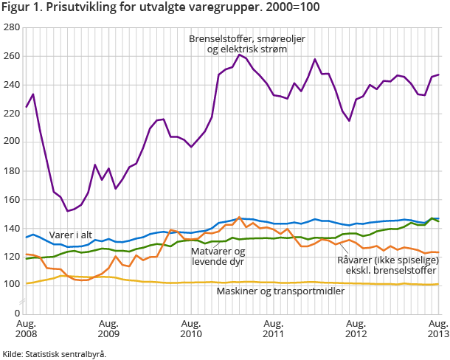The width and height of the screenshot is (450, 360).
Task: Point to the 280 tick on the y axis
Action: [x=11, y=27]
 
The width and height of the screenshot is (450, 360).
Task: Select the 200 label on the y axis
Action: [x=11, y=142]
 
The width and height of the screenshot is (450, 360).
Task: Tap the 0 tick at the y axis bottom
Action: [x=16, y=313]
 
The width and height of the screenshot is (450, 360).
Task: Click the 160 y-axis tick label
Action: [x=11, y=199]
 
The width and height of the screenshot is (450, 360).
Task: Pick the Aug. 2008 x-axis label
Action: [x=27, y=329]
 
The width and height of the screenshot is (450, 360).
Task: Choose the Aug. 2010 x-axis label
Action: [x=191, y=329]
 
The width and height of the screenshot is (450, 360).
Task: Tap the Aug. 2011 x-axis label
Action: [x=274, y=329]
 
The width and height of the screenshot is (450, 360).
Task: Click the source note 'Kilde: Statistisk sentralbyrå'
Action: [x=54, y=354]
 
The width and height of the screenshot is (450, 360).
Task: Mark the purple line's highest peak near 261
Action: [x=240, y=55]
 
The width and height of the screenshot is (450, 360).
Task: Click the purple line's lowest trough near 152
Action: [x=68, y=211]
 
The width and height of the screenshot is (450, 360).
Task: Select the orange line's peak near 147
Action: [x=239, y=218]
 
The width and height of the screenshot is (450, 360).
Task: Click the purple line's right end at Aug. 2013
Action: [x=439, y=75]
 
